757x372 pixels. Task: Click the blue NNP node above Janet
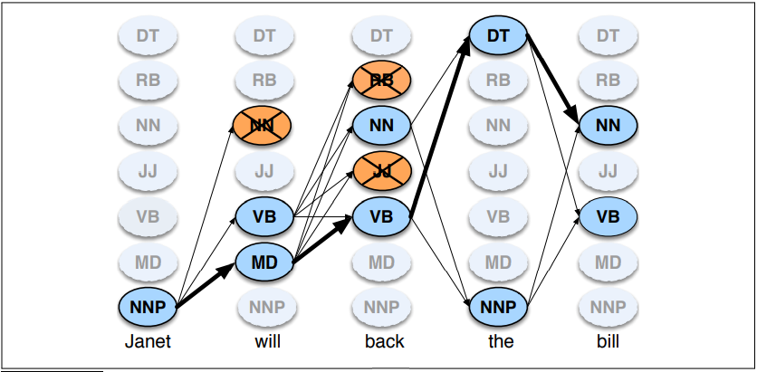[x=148, y=307]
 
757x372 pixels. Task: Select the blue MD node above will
[x=264, y=262]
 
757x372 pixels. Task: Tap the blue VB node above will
[x=264, y=216]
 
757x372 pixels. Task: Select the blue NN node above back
[x=381, y=125]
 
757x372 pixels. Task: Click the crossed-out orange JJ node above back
[x=381, y=170]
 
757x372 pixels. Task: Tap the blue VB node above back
[x=381, y=216]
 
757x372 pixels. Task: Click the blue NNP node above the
[x=498, y=307]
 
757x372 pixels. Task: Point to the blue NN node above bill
[x=608, y=125]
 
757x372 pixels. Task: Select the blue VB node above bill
[x=608, y=216]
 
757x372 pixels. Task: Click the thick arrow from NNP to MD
[x=206, y=285]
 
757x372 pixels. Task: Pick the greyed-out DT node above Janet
[x=148, y=35]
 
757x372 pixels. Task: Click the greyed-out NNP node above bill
[x=608, y=307]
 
